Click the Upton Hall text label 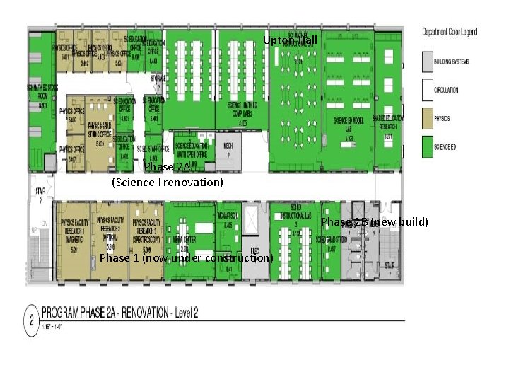(290, 40)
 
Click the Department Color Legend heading (450, 32)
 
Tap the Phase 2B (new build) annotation (375, 222)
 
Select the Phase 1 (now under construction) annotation (186, 258)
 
